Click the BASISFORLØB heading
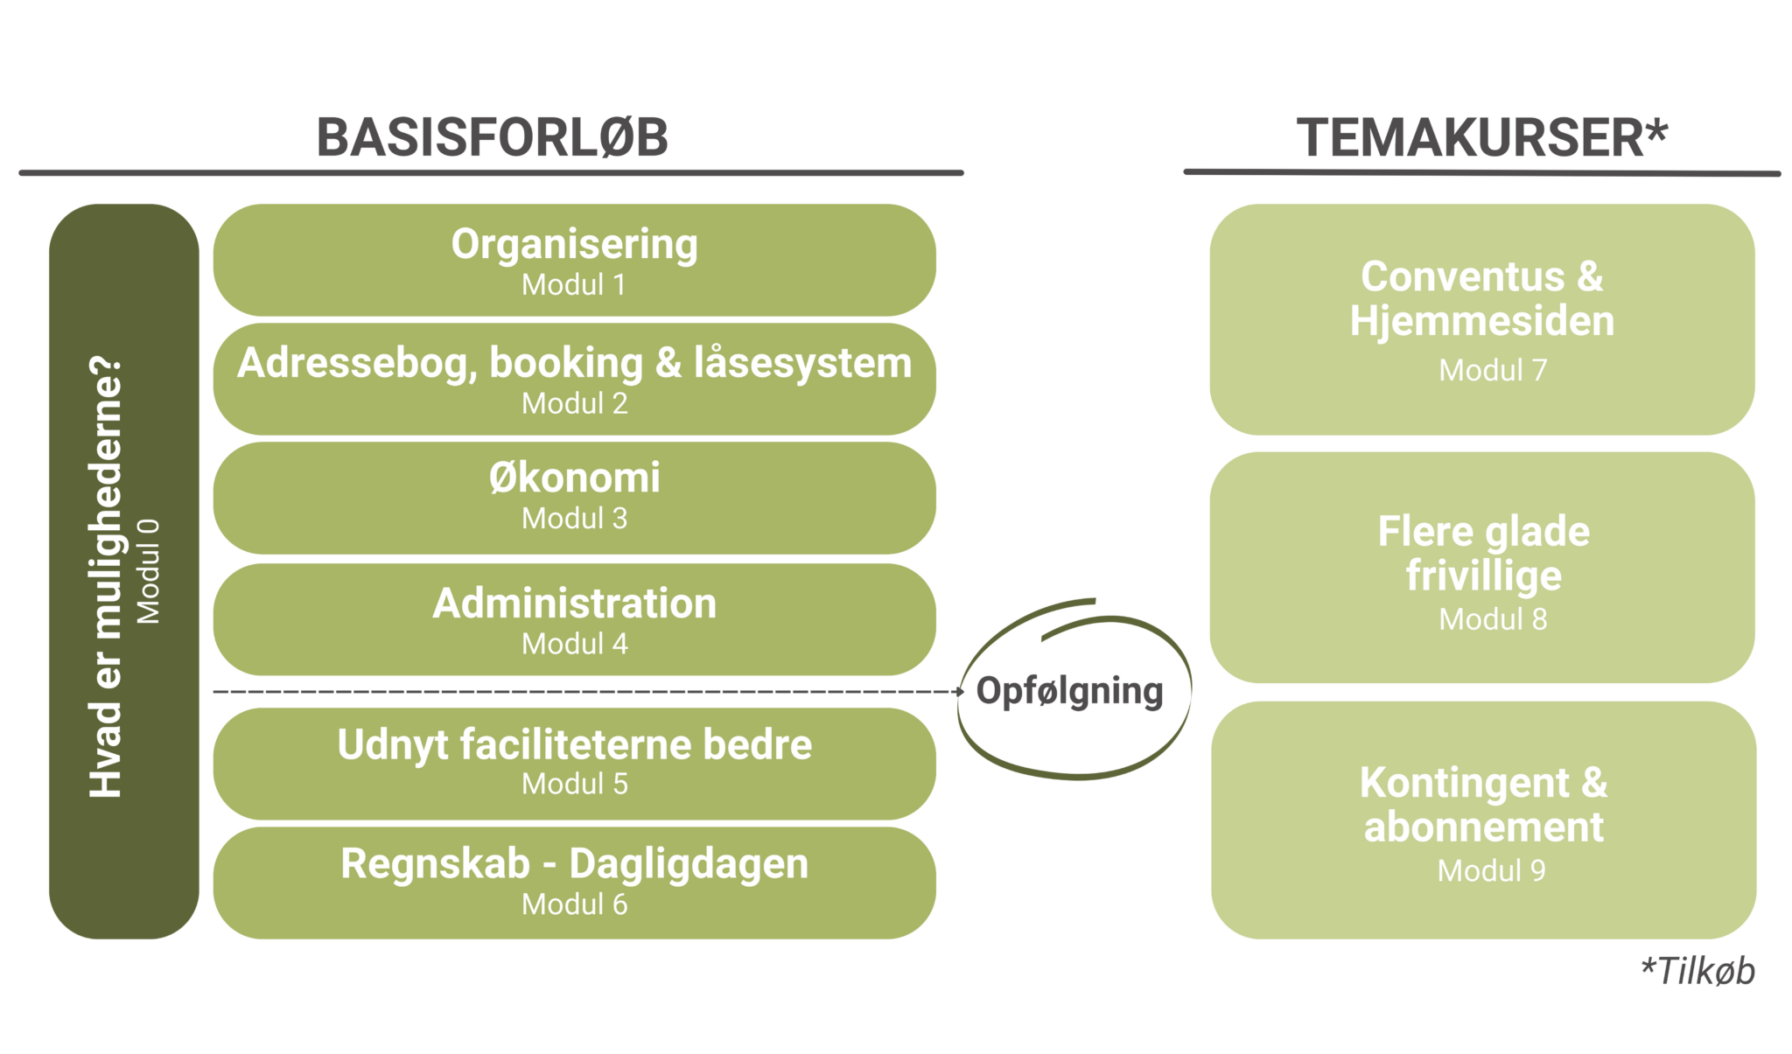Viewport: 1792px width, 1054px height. point(492,137)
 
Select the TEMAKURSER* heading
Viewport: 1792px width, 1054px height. point(1482,137)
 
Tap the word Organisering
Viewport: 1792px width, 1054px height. point(574,245)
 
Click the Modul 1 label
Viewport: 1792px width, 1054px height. point(574,284)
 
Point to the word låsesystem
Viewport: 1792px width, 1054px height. point(802,362)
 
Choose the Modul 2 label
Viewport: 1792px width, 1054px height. point(574,403)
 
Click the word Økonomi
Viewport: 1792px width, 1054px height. point(574,477)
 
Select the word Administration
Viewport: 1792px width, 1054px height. point(574,604)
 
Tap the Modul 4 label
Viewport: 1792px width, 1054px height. point(574,644)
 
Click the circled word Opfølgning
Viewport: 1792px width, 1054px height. point(1069,691)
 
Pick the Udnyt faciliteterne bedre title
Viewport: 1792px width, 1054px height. point(574,745)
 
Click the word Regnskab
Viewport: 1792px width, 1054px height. point(435,864)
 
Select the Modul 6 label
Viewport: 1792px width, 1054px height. point(574,904)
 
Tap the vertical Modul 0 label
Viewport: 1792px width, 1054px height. point(148,571)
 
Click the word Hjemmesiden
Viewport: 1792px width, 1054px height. point(1481,321)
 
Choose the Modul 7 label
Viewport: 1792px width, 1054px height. point(1493,370)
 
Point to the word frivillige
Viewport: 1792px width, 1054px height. point(1483,576)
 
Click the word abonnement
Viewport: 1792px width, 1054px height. point(1483,827)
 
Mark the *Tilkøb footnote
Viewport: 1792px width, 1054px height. point(1697,971)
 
